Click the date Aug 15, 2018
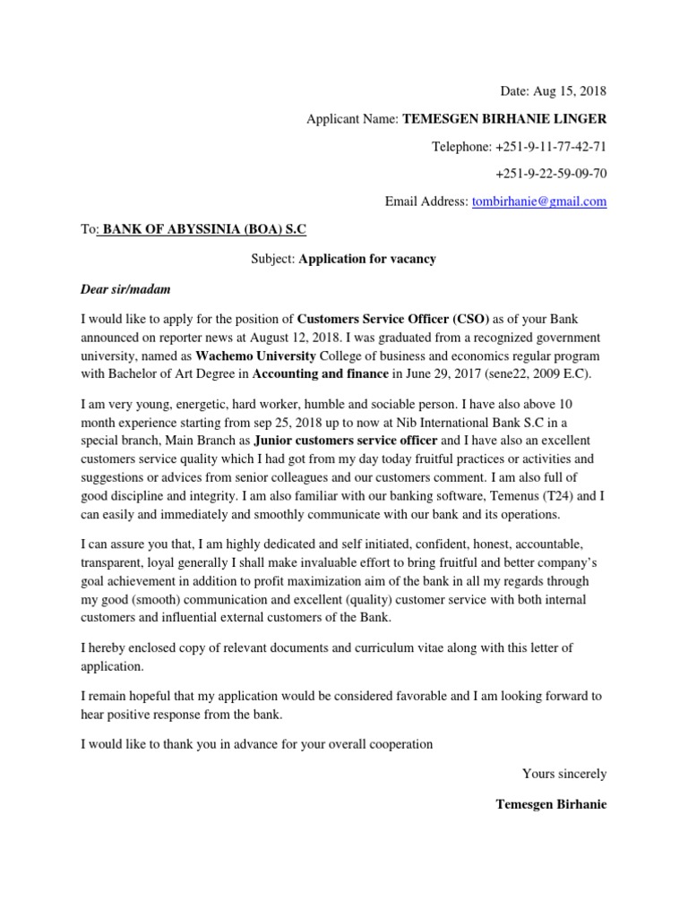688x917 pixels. pyautogui.click(x=570, y=90)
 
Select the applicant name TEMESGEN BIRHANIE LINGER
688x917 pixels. pyautogui.click(x=504, y=118)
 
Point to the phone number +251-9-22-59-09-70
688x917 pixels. pyautogui.click(x=550, y=174)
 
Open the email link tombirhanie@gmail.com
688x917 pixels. pyautogui.click(x=538, y=201)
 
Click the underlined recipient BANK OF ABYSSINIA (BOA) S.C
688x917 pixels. pyautogui.click(x=204, y=229)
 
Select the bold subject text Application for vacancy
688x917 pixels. pyautogui.click(x=367, y=259)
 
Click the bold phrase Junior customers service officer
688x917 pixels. pyautogui.click(x=346, y=440)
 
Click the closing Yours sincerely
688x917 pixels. pyautogui.click(x=563, y=773)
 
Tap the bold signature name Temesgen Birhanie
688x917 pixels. pyautogui.click(x=551, y=804)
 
